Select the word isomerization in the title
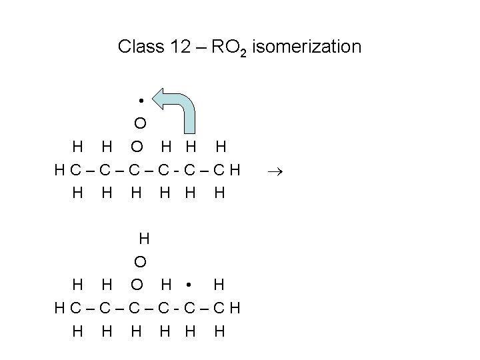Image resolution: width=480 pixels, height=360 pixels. (x=307, y=47)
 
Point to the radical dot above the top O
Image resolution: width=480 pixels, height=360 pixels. (x=141, y=100)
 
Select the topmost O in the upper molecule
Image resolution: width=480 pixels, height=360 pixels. (x=140, y=123)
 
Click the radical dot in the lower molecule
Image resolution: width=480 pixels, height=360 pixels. (x=189, y=285)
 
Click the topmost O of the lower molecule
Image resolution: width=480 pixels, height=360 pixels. (x=141, y=261)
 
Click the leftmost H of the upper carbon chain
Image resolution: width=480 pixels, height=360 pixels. (x=60, y=171)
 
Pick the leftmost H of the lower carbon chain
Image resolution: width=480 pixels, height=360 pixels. (x=60, y=309)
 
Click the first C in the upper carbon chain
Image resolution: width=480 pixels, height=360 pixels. (x=71, y=171)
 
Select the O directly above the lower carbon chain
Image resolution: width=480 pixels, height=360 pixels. (x=136, y=285)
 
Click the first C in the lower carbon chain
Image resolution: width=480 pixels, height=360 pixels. (x=71, y=309)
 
